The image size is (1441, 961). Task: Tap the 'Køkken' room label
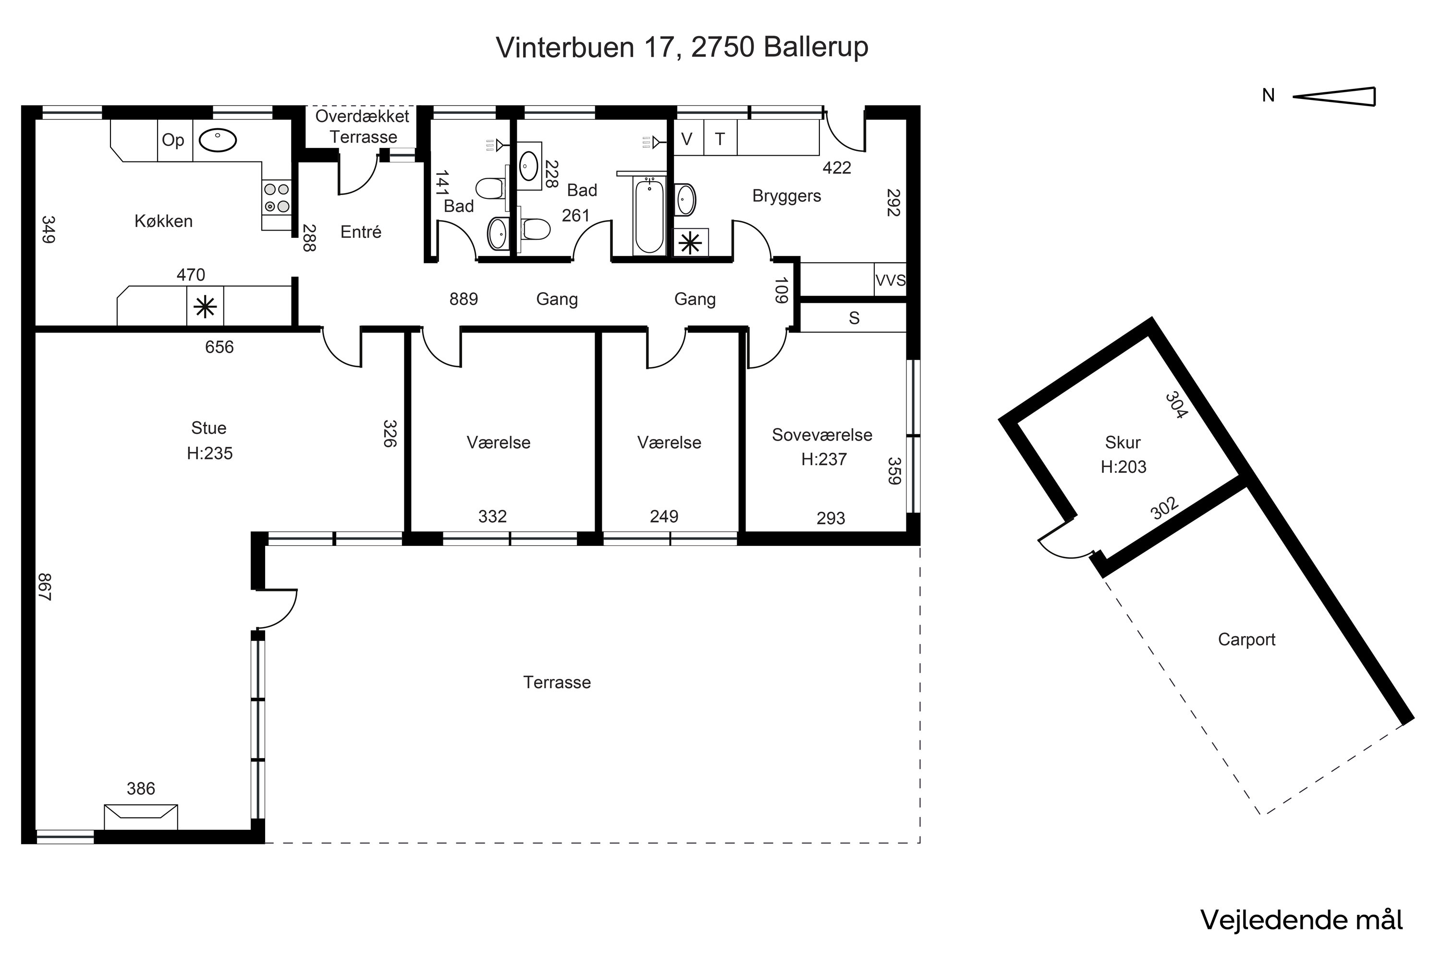(164, 221)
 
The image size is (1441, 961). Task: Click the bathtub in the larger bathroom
(649, 215)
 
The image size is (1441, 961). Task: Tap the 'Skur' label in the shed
(1123, 442)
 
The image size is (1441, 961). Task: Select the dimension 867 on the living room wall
(45, 587)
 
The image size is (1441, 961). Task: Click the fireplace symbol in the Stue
(141, 817)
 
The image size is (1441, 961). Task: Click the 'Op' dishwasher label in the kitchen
(173, 140)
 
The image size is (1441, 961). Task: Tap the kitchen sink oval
(218, 140)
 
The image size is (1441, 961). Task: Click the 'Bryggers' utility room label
(787, 196)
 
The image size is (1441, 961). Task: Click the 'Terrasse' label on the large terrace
(557, 682)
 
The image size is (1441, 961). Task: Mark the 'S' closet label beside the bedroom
(854, 318)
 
